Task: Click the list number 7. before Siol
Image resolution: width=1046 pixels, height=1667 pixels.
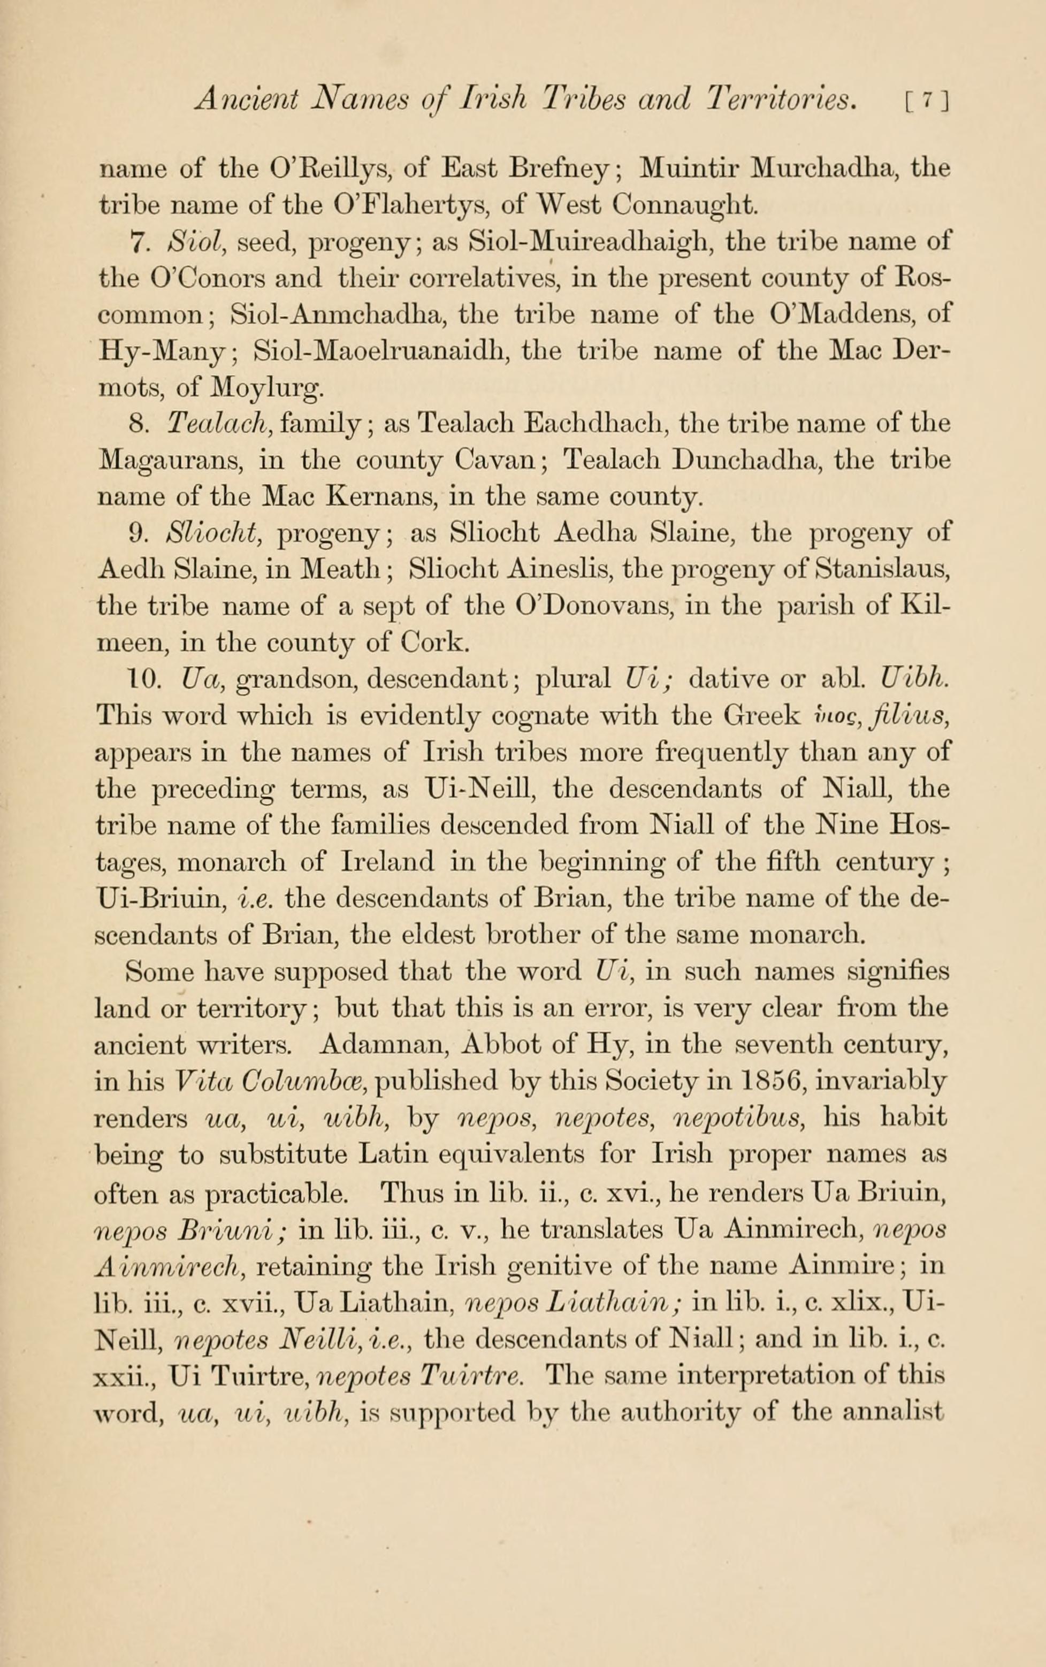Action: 139,243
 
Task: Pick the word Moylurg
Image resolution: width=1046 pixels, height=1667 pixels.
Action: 267,388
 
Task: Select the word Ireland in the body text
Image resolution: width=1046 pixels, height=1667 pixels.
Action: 388,862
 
